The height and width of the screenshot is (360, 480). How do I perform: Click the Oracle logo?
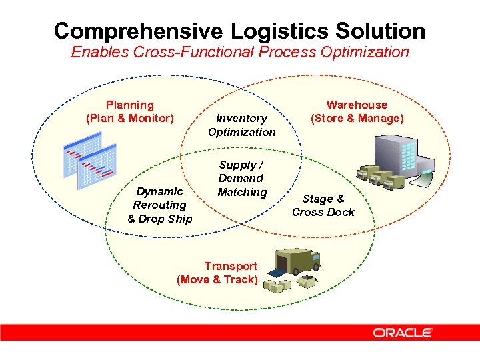(x=403, y=332)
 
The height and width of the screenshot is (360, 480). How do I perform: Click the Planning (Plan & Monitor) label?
(x=129, y=111)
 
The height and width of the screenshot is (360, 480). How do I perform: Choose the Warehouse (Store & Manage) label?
(x=357, y=111)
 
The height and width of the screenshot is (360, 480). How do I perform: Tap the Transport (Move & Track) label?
(x=217, y=273)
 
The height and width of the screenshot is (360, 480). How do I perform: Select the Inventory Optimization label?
(x=241, y=125)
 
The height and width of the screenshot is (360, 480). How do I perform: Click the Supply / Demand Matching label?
(x=241, y=178)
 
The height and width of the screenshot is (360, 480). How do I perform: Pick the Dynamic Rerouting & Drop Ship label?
(x=159, y=205)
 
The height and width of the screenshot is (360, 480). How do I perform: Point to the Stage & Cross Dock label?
(x=323, y=205)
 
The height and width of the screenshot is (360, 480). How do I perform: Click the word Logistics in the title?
(x=259, y=31)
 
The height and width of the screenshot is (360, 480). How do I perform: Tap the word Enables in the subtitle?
(x=96, y=52)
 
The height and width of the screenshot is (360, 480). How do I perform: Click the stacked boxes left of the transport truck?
(x=277, y=285)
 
